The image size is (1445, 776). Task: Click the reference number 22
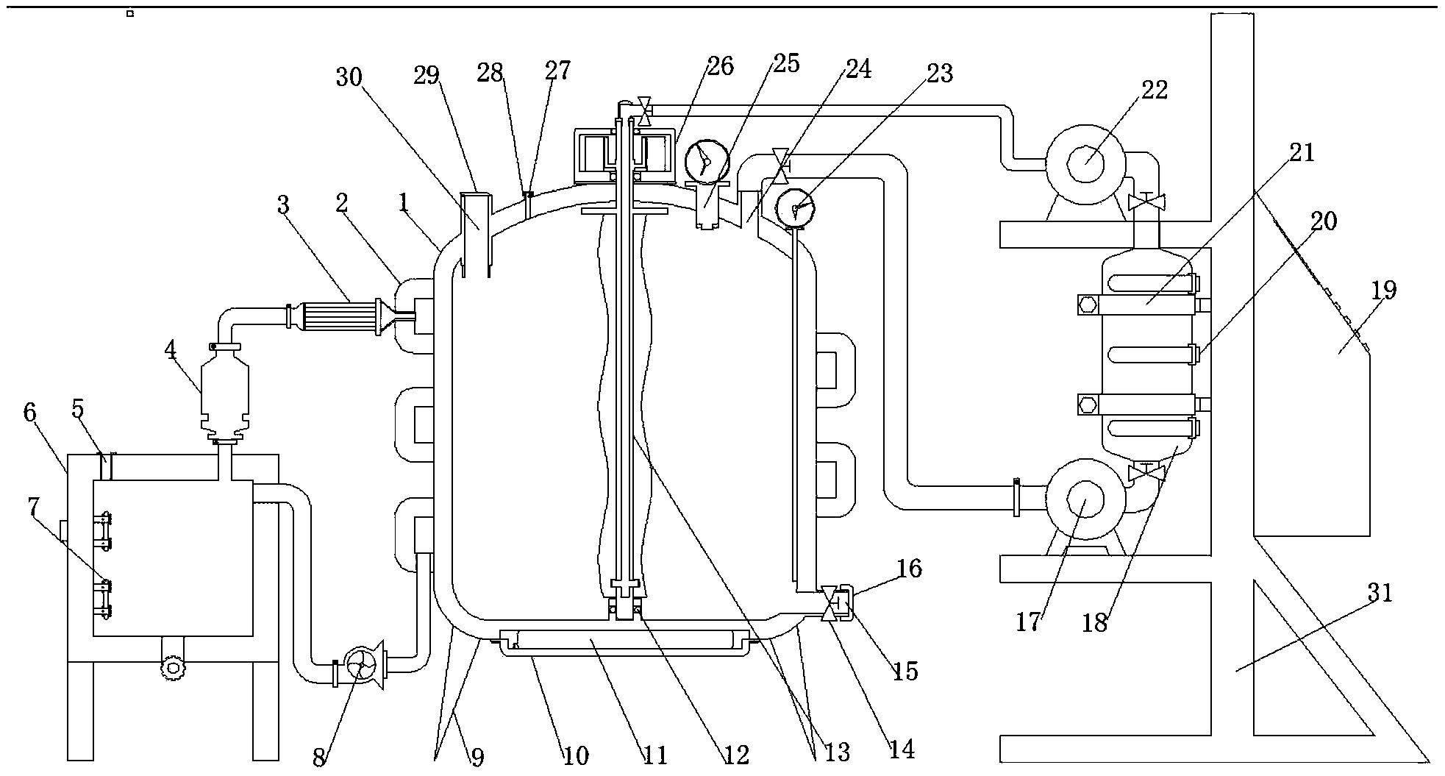1153,90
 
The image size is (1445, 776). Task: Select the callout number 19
1384,291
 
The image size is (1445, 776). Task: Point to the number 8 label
318,758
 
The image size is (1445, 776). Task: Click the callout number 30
349,76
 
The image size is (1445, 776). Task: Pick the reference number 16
910,569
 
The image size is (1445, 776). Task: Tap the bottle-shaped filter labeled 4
224,394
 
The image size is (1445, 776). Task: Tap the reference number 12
735,755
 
